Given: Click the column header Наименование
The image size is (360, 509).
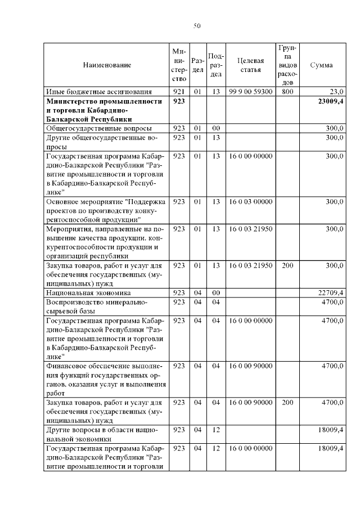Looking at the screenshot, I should [107, 65].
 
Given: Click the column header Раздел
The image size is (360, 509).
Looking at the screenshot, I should [197, 65].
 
